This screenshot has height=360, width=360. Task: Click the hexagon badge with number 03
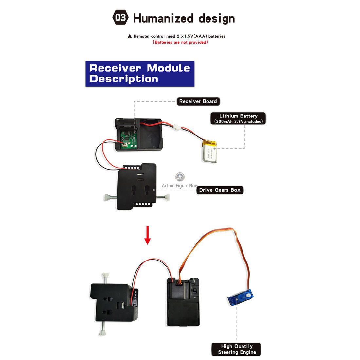tap(120, 17)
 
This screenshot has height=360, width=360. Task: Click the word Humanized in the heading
tap(163, 18)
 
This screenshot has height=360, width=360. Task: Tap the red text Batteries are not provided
tap(180, 42)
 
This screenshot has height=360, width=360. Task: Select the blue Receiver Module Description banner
tap(140, 74)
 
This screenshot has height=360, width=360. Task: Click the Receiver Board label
tap(198, 101)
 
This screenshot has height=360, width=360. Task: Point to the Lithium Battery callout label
tap(238, 118)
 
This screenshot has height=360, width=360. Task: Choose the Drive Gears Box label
tap(220, 190)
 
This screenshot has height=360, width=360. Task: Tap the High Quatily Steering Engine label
tap(236, 349)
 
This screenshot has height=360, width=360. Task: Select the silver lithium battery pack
tap(209, 152)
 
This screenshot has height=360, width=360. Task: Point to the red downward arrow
tap(147, 235)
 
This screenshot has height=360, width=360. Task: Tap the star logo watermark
tap(180, 177)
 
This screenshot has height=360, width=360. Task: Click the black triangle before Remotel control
tap(130, 36)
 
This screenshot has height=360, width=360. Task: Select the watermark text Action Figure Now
tap(180, 186)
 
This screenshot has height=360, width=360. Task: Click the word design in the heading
tap(217, 19)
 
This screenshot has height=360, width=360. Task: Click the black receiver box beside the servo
tap(183, 302)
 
